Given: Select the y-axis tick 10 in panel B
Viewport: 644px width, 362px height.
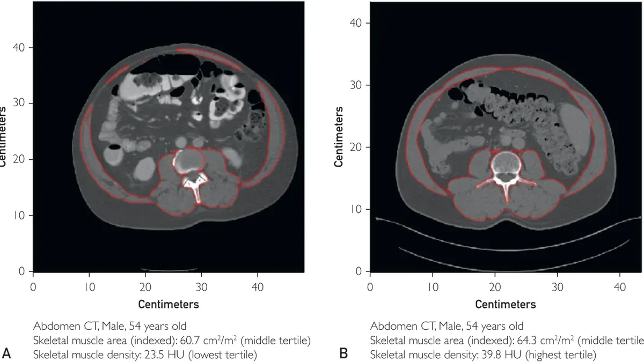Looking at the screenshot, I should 356,209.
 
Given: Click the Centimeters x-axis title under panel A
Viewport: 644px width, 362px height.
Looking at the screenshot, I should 169,304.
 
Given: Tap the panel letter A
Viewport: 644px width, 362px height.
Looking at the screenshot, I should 7,353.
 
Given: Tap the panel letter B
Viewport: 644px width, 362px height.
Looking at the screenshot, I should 343,353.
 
